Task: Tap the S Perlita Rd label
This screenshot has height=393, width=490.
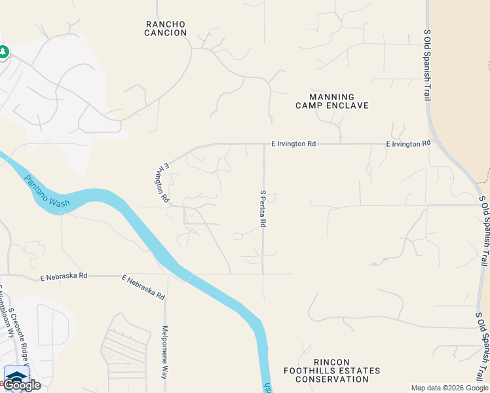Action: pyautogui.click(x=263, y=208)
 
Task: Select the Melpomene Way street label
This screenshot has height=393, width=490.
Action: pyautogui.click(x=165, y=353)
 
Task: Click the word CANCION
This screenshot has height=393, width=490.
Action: pyautogui.click(x=166, y=33)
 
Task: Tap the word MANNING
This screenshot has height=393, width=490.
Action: pyautogui.click(x=331, y=96)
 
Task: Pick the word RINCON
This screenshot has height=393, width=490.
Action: pyautogui.click(x=331, y=362)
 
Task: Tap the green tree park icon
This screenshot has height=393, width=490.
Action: pyautogui.click(x=3, y=52)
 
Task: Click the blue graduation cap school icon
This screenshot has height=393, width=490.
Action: pyautogui.click(x=16, y=375)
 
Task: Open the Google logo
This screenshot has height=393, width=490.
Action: pyautogui.click(x=22, y=385)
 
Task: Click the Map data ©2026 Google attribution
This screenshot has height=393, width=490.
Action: pyautogui.click(x=449, y=388)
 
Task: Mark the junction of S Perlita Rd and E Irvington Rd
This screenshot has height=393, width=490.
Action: pyautogui.click(x=264, y=143)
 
